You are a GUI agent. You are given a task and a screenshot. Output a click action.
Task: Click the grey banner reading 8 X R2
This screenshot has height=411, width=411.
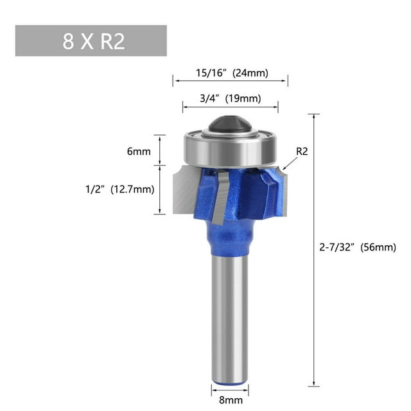pos(91,40)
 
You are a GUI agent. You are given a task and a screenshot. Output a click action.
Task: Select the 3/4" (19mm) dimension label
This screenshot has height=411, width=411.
pos(230,98)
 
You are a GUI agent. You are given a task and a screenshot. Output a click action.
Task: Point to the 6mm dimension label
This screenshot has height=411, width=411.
pos(138,152)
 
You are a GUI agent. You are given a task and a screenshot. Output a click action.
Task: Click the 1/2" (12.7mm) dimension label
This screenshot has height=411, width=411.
pos(121,189)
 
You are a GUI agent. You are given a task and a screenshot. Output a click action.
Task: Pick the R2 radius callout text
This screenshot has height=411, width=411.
pos(302,152)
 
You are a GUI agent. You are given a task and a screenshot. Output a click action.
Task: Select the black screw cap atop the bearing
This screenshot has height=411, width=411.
pos(229,123)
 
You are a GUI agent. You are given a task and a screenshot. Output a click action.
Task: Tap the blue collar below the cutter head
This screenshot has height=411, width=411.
pos(230,241)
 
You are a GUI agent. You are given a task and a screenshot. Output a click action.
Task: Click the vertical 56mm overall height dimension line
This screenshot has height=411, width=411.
pos(314,250)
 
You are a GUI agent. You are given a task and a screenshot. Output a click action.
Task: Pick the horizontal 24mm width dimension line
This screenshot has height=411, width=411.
pos(230,80)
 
